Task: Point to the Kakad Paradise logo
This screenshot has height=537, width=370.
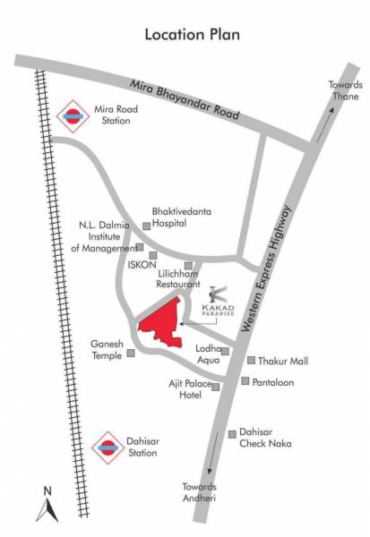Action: coord(219,301)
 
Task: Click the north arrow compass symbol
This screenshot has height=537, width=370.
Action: coord(47,506)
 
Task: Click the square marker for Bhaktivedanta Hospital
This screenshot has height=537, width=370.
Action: coord(147,227)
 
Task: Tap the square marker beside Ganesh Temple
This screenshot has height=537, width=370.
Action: coord(132,352)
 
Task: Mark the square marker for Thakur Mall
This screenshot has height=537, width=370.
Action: coord(251,361)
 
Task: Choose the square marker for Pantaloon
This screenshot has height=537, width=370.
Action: coord(245,380)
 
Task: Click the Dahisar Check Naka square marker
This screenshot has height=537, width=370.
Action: coord(232,434)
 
